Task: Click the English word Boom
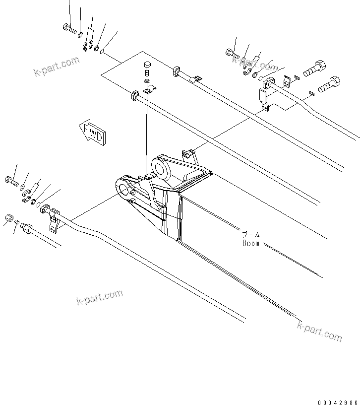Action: pos(251,243)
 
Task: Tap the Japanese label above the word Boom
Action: pos(251,234)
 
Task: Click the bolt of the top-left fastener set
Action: pos(69,28)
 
